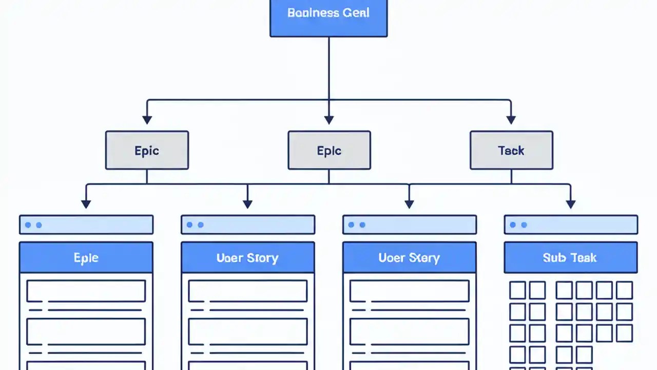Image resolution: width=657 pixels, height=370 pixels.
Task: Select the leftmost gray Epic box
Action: point(147,150)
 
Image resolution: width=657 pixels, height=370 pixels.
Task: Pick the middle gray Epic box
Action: point(329,150)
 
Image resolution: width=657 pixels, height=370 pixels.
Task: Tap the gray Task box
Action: point(511,150)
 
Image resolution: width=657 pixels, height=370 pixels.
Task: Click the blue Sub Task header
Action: point(570,257)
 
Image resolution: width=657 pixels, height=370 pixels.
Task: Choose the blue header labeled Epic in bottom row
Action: point(86,257)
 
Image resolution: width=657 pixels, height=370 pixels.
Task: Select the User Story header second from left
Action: point(247,257)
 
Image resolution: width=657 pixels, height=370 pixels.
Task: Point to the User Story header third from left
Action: point(409,257)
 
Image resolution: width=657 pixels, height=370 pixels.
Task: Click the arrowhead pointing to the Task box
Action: point(511,120)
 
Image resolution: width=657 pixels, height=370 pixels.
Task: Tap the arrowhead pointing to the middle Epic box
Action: point(329,120)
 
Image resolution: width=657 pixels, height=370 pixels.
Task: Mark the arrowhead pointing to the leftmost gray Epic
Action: point(147,120)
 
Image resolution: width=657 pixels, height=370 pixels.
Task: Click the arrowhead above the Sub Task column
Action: point(570,204)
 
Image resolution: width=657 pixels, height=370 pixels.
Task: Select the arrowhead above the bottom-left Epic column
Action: point(86,204)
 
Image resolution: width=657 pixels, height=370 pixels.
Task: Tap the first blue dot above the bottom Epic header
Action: point(28,225)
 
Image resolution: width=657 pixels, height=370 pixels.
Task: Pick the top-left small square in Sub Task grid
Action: point(517,290)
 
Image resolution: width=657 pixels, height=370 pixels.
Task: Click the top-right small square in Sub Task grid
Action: point(624,290)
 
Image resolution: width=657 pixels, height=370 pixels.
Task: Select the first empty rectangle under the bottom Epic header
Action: point(86,291)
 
